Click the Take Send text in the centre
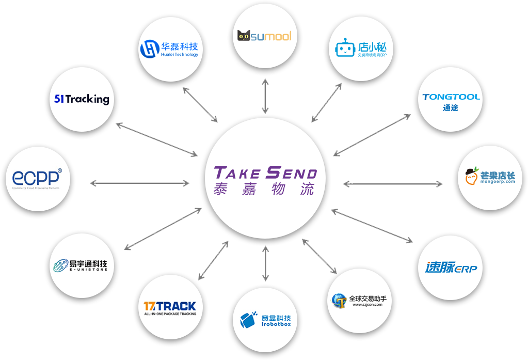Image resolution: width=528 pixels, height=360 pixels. (x=265, y=172)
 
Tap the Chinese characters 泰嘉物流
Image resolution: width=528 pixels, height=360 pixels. (x=265, y=189)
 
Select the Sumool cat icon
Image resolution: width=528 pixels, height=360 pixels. (x=244, y=36)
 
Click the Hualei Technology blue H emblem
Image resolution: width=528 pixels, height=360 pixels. (x=149, y=49)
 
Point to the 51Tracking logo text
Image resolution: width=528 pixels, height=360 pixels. (x=82, y=98)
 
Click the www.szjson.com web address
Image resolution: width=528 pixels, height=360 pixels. (x=367, y=305)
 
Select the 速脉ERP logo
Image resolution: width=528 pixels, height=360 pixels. (x=451, y=268)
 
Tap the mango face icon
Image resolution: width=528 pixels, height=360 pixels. (x=471, y=177)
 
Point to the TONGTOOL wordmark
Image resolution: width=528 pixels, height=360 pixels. (x=451, y=97)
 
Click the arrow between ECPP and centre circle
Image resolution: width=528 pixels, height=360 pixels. (x=140, y=183)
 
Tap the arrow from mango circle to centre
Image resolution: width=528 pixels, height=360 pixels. (x=393, y=183)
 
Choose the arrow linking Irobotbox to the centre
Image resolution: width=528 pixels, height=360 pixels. (x=265, y=264)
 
